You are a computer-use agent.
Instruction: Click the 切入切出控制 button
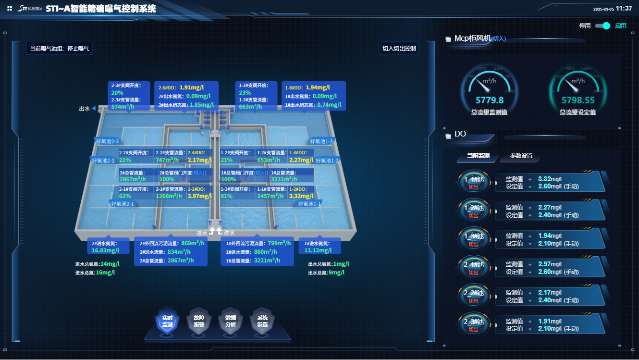tap(399, 49)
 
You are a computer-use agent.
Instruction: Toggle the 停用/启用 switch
tap(602, 26)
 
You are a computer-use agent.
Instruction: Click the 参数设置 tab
tap(521, 156)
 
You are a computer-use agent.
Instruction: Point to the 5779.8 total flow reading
tap(490, 100)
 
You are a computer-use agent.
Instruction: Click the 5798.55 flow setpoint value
tap(578, 100)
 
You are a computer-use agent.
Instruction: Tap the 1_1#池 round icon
tap(474, 183)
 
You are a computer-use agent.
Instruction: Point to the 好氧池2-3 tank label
tap(108, 141)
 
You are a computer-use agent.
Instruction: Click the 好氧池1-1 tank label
tap(309, 204)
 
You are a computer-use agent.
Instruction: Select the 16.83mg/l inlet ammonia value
tap(105, 250)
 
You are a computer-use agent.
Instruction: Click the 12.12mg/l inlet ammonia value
tap(318, 250)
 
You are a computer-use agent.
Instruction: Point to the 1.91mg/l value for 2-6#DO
tap(192, 87)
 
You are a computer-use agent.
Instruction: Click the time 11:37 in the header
tap(624, 8)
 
